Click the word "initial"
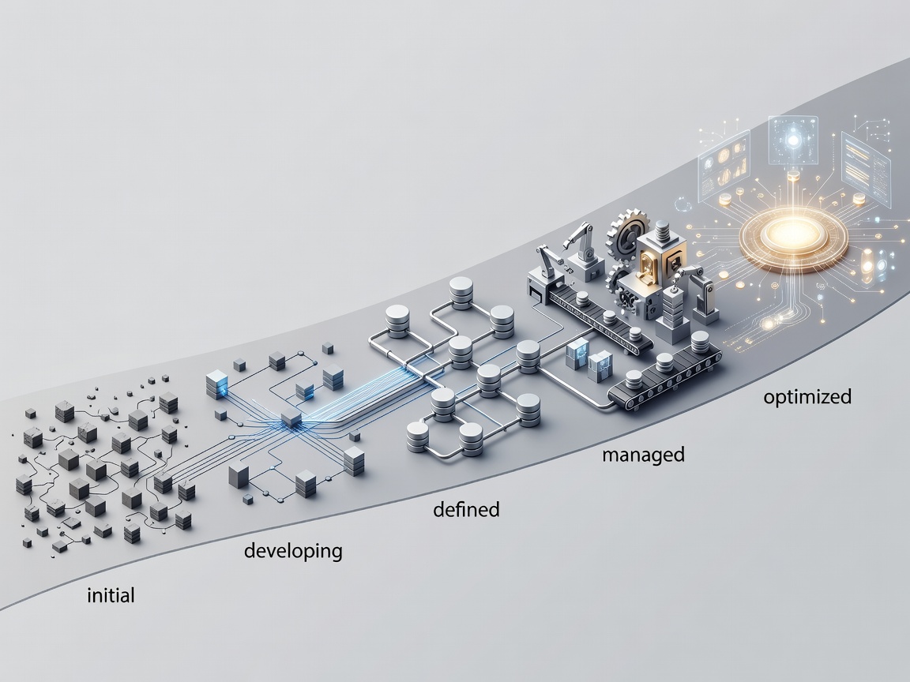[111, 595]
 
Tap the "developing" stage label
[293, 550]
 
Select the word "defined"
[466, 509]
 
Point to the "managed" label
[643, 455]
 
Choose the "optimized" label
[807, 397]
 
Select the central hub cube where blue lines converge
[291, 418]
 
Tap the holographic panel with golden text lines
[865, 168]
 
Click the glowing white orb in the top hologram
[793, 141]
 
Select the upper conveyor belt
[598, 313]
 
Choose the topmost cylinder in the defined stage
[461, 292]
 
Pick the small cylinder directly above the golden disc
[794, 175]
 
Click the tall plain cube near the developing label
[239, 476]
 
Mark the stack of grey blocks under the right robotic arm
[673, 313]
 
